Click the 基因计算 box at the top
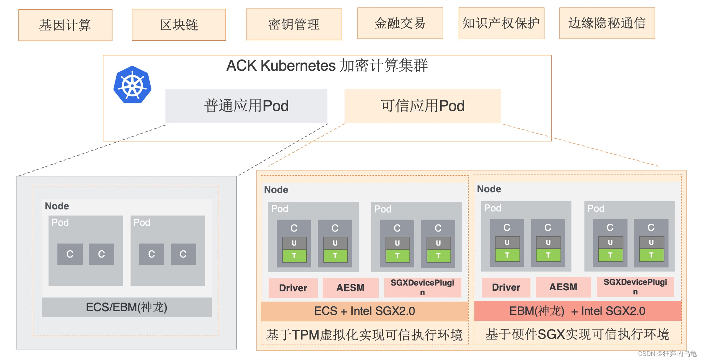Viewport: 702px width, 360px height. coord(65,25)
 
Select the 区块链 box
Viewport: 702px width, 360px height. coord(179,25)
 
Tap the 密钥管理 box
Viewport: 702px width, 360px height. coord(294,24)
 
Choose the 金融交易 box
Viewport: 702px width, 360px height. coord(400,23)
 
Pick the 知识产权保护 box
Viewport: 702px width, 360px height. coord(501,23)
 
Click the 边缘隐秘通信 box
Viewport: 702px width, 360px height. coord(607,23)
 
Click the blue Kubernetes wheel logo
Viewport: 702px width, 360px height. coord(133,85)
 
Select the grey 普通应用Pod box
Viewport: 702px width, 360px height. coord(246,106)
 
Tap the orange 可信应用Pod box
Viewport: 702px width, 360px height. coord(422,106)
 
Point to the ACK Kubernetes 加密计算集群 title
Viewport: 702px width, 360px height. coord(327,65)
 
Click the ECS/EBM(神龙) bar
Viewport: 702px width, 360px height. coord(127,307)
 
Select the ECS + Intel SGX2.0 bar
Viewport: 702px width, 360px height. coord(365,311)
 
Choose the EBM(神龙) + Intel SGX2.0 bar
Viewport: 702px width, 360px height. coord(578,311)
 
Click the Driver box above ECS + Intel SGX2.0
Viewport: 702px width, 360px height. coord(293,288)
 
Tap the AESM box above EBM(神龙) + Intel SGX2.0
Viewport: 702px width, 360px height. coord(563,287)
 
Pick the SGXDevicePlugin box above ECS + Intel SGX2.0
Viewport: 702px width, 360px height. coord(423,287)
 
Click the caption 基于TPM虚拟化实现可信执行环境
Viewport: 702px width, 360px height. coord(364,335)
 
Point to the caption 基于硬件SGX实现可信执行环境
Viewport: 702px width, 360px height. coord(577,334)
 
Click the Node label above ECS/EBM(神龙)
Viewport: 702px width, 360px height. coord(57,206)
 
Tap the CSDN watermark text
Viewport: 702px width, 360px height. coord(667,354)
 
